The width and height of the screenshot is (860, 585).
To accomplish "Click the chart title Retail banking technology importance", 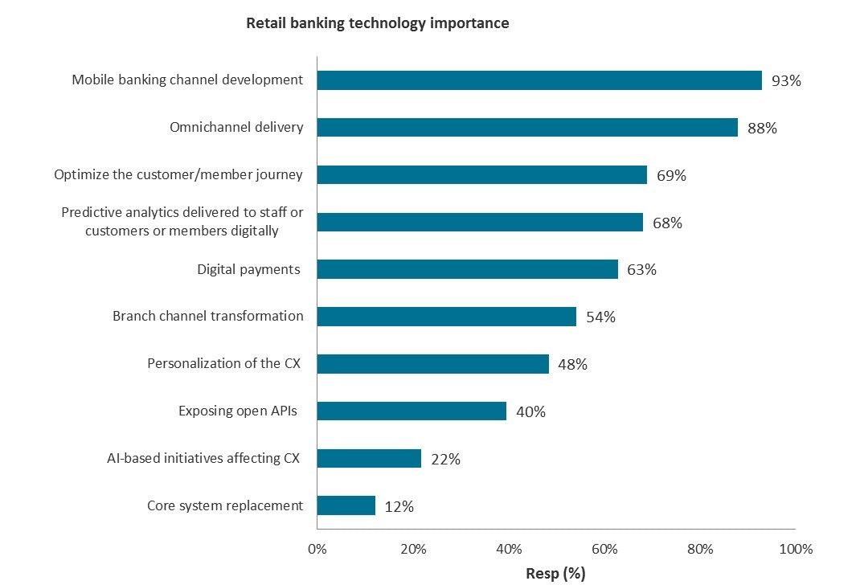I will coord(377,23).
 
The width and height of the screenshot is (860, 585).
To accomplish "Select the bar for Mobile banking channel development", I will coord(539,80).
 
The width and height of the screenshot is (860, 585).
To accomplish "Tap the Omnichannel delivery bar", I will coord(527,128).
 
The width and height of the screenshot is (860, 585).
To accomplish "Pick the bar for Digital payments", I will coord(467,269).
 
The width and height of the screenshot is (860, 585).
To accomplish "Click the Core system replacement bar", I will coord(346,505).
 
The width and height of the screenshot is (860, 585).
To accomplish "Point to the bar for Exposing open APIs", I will coord(412,411).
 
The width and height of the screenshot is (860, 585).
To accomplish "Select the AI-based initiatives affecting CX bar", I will coord(369,459).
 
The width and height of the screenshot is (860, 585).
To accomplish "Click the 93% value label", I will coord(786,81).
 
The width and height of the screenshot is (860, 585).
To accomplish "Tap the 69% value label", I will coord(671,175).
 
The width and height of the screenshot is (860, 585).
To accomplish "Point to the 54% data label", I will coord(600,317).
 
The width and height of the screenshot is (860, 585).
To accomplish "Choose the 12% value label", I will coord(399,506).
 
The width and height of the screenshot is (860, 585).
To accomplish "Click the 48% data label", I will coord(572,364).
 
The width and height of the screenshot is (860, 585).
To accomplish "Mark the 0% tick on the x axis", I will coord(317,550).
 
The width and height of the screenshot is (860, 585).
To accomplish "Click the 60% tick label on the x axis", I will coord(604,550).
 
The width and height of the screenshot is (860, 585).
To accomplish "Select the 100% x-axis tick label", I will coord(796,550).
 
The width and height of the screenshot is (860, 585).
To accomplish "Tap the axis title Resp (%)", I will coord(555,573).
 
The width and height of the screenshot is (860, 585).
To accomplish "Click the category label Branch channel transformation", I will coord(208,316).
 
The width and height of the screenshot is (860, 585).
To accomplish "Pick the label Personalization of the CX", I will coord(223,363).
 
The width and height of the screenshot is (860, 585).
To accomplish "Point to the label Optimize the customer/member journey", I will coord(178,174).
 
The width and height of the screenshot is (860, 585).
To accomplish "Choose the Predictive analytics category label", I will coord(182,222).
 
